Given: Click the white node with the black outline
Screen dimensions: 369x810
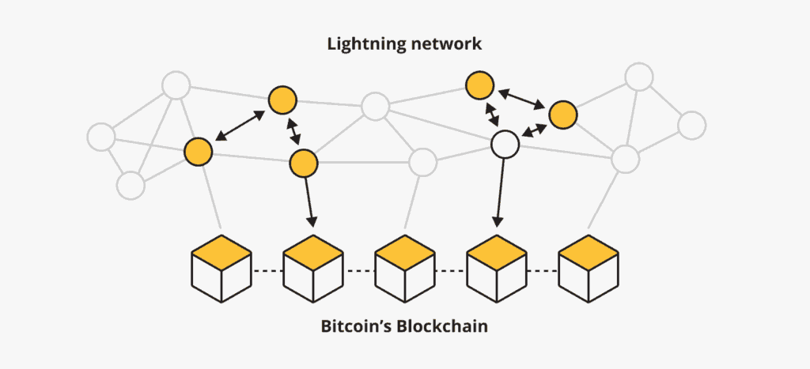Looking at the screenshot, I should point(505,145).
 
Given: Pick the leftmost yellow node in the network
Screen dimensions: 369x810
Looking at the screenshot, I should point(198,150).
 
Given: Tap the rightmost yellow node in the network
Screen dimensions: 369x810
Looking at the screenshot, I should point(563,115).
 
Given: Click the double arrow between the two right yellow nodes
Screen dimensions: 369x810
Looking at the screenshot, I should point(520,99).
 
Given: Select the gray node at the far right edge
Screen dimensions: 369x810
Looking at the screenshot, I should point(691,124).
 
